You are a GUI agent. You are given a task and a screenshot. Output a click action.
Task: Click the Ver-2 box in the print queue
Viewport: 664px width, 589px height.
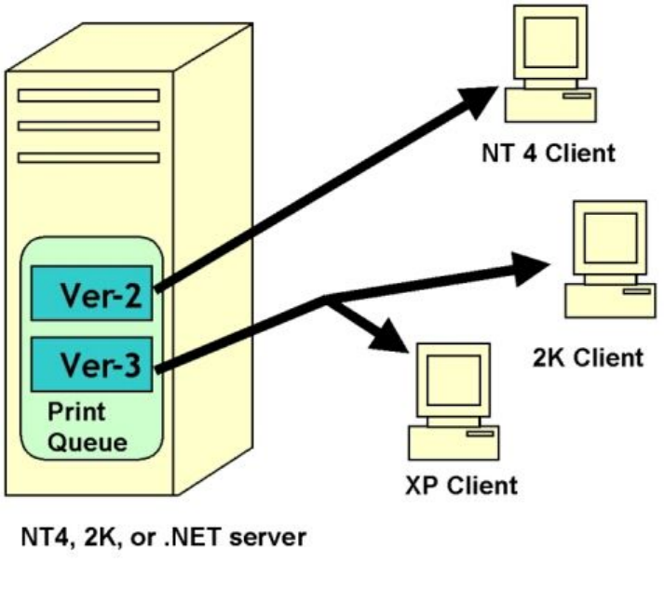coord(92,293)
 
